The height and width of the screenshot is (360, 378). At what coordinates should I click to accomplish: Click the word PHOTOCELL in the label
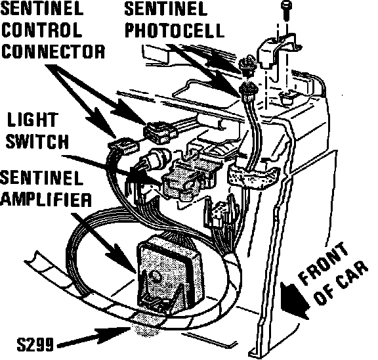click(x=175, y=30)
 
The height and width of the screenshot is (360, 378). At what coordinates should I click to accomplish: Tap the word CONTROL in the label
click(x=41, y=30)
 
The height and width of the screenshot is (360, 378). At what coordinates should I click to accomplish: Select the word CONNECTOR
click(x=53, y=51)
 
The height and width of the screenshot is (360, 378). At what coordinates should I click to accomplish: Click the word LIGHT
click(x=33, y=120)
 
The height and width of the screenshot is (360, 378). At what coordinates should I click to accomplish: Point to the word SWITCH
click(x=37, y=141)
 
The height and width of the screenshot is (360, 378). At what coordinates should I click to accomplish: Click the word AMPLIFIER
click(x=46, y=199)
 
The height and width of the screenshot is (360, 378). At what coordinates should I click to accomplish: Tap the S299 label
click(x=35, y=344)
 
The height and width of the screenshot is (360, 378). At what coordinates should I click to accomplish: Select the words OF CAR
click(x=342, y=282)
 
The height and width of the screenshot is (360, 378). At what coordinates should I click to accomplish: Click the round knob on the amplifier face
click(x=155, y=275)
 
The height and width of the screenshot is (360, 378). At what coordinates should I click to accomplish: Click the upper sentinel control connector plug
click(x=160, y=132)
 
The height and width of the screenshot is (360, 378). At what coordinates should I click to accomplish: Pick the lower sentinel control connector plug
click(x=123, y=145)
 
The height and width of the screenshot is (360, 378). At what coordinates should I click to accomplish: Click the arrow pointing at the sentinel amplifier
click(x=104, y=243)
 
